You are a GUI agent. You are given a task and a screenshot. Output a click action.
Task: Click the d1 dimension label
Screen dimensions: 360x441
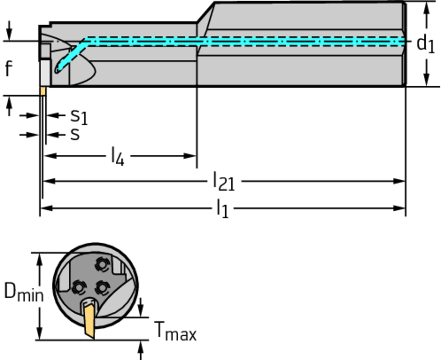425,44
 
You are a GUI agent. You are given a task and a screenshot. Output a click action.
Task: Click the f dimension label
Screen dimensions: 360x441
9,69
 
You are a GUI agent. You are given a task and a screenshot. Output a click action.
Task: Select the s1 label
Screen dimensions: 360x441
79,116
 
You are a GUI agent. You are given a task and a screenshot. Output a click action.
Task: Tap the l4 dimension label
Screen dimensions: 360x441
117,156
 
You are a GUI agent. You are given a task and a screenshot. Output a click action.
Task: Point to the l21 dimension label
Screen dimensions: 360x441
224,181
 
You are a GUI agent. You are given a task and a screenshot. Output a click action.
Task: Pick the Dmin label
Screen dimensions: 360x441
23,292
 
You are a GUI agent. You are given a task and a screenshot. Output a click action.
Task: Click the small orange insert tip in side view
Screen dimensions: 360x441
43,91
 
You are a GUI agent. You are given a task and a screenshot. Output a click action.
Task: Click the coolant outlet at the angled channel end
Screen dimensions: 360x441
57,69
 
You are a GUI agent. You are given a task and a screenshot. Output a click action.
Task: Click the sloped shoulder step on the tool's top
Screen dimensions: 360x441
206,12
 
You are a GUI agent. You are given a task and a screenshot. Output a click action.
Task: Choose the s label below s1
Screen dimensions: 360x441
75,135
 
